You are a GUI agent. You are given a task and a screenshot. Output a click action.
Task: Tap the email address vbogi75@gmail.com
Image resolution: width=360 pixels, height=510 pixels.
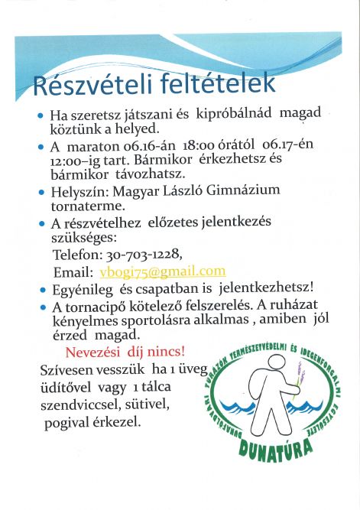(x=162, y=271)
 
